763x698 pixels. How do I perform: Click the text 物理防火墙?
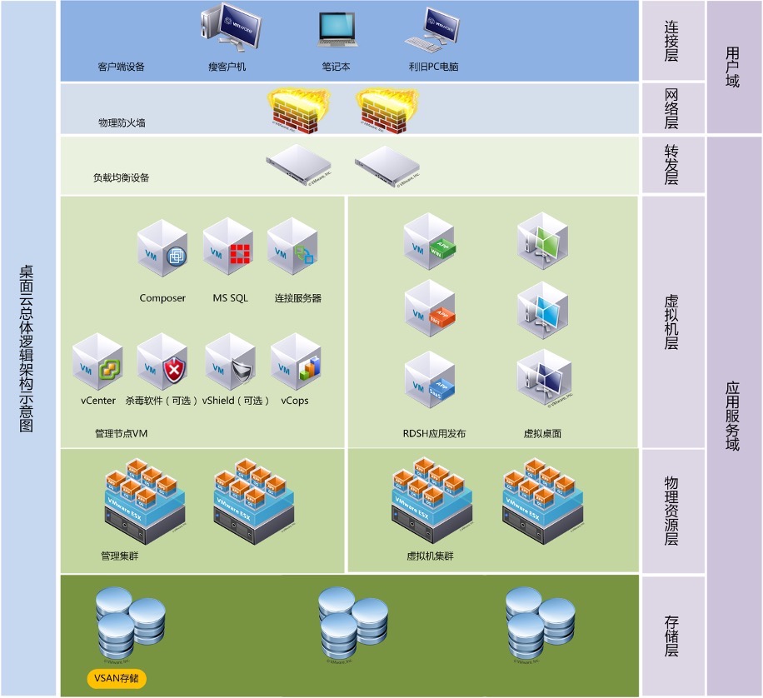click(122, 123)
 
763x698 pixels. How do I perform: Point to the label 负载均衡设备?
click(122, 177)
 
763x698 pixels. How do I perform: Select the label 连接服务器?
click(298, 298)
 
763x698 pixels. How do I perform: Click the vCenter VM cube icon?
click(98, 362)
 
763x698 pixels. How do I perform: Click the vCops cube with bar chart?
click(297, 362)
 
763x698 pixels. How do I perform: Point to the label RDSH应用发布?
click(434, 434)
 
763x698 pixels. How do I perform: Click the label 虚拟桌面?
click(542, 434)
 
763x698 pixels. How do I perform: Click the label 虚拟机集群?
click(430, 556)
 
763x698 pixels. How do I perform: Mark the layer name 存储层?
click(671, 636)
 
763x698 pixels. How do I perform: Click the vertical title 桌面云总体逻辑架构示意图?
click(27, 348)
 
